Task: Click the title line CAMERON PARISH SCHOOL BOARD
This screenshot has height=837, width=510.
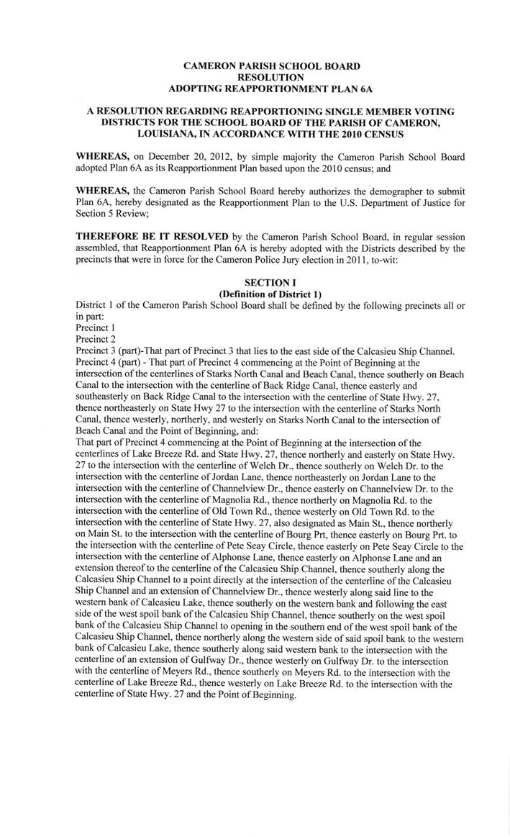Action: (x=272, y=66)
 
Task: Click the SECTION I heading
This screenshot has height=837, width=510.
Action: (x=271, y=284)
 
